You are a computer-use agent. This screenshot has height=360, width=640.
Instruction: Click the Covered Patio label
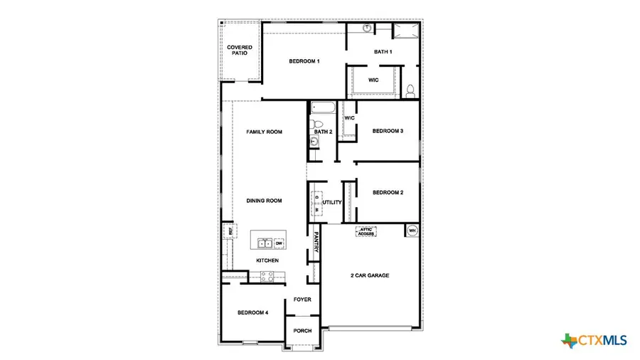point(240,50)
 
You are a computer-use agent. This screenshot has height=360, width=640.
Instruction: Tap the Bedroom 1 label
point(304,61)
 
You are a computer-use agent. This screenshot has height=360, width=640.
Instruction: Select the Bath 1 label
point(383,51)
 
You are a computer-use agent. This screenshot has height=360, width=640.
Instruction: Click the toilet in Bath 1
point(410,90)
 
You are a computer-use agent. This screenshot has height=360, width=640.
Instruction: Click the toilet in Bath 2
point(318,123)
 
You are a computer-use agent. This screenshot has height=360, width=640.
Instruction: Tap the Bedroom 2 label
point(388,192)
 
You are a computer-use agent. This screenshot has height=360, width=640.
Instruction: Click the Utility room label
point(332,202)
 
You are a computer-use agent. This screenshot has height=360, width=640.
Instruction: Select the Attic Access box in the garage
point(366,231)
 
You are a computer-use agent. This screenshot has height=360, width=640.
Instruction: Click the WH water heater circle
point(412,230)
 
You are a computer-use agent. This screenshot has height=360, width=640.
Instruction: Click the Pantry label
point(316,245)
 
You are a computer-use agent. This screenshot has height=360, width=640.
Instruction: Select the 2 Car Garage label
point(369,275)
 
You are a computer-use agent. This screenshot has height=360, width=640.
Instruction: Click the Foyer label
point(302,300)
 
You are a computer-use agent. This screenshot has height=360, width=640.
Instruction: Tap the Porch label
point(302,331)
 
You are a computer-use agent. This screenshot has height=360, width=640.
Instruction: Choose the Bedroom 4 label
point(252,313)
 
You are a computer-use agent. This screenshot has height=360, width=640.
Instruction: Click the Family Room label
point(265,132)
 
